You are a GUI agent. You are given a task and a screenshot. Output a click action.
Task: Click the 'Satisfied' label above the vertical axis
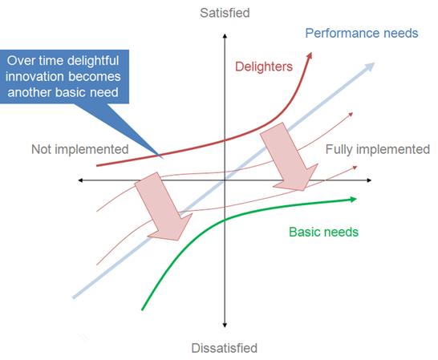[225, 13]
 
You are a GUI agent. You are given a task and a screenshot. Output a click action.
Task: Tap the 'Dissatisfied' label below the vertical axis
[225, 348]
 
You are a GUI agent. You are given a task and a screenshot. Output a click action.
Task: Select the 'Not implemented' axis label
[80, 149]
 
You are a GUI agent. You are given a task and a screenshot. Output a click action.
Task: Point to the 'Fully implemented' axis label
[378, 149]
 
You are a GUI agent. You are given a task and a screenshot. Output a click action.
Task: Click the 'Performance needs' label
[362, 33]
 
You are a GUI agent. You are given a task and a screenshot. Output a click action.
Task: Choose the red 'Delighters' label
[264, 67]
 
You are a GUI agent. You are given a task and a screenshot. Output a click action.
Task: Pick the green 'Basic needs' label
[323, 232]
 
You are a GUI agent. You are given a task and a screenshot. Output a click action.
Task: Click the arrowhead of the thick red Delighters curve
[310, 55]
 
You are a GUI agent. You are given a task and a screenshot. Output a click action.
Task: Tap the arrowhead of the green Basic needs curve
[353, 199]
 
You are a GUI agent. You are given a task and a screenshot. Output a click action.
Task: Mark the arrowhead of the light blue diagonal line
[370, 67]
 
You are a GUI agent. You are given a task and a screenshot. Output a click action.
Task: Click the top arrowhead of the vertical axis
[225, 36]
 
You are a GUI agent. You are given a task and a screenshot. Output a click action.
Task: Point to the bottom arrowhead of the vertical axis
[225, 325]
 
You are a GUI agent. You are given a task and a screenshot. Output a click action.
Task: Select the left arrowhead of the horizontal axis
[80, 180]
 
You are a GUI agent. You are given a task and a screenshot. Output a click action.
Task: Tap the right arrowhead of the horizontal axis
[369, 180]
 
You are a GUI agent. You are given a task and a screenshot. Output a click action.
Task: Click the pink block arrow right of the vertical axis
[290, 157]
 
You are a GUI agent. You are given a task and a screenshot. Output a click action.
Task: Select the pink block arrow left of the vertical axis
[164, 207]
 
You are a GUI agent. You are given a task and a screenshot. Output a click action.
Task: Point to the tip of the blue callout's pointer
[164, 159]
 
